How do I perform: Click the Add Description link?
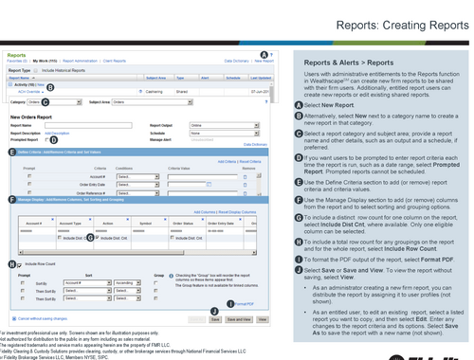(54, 133)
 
